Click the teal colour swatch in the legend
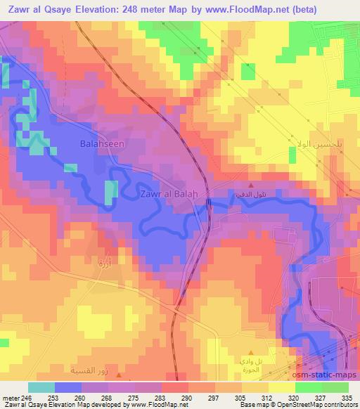tap(41, 387)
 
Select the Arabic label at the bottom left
tap(89, 368)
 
